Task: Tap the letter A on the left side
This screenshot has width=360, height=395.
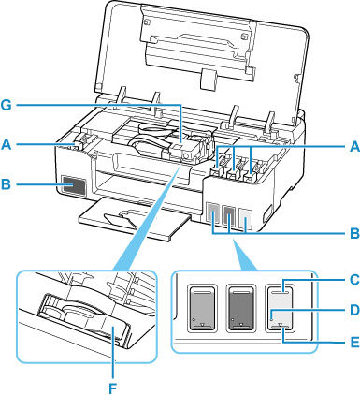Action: pos(9,144)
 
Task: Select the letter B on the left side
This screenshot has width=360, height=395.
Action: pos(9,185)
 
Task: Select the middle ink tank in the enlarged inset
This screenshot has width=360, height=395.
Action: pos(242,305)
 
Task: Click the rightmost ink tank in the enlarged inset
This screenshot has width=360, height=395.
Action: pos(283,305)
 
